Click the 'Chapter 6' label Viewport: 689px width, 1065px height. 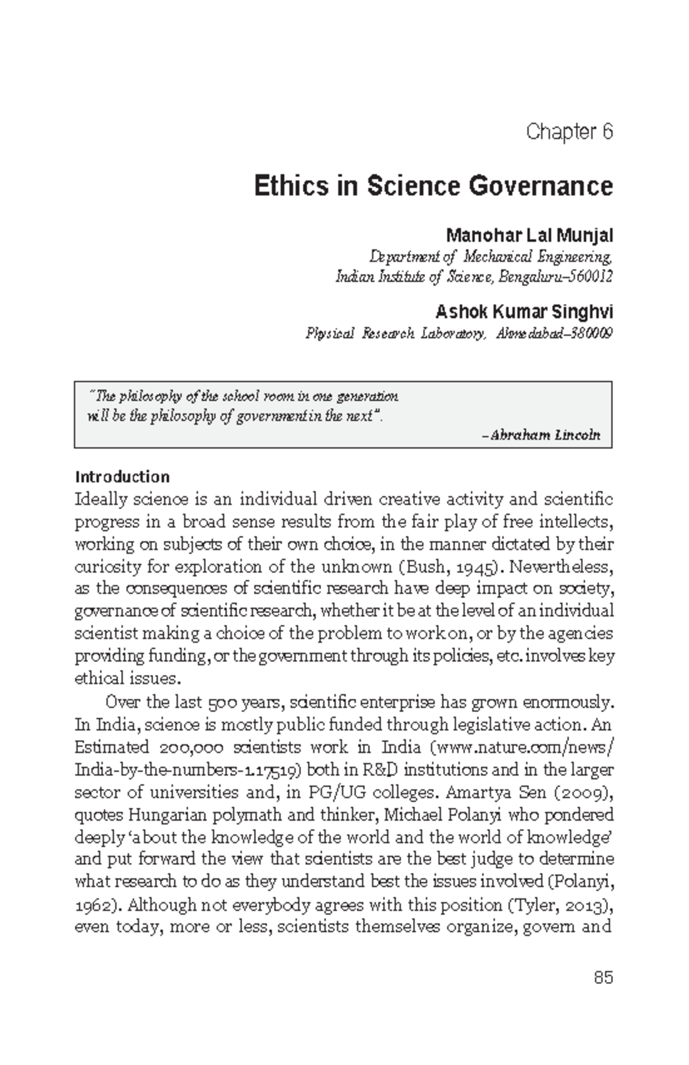(569, 132)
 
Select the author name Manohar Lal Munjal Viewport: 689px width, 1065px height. (529, 235)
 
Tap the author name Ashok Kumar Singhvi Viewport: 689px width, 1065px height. (524, 312)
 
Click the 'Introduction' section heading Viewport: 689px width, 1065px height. (122, 477)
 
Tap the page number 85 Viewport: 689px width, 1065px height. (603, 978)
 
